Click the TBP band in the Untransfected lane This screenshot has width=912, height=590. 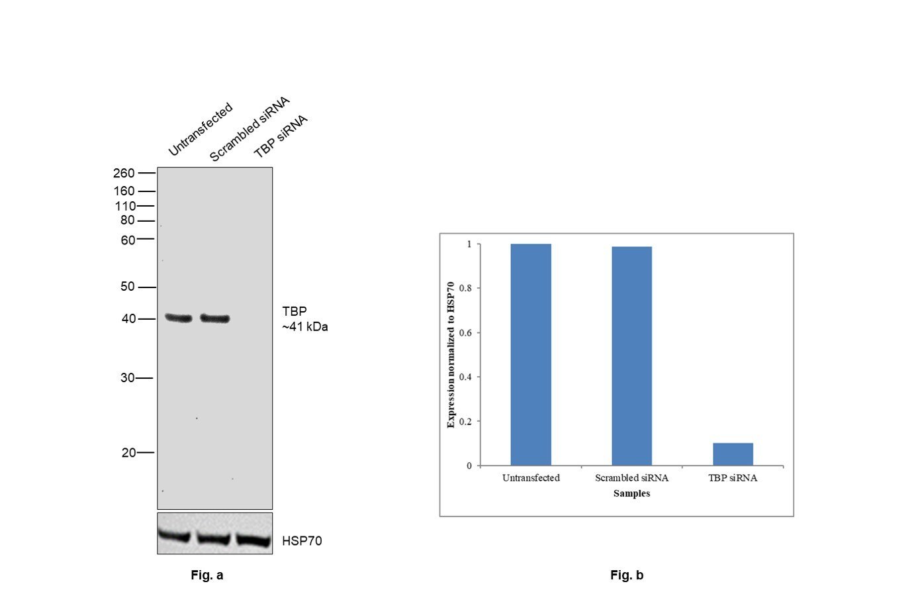point(178,319)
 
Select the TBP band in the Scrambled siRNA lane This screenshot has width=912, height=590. point(215,319)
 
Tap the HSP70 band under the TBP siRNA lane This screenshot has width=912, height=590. point(253,540)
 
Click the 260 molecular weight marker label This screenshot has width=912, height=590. point(124,173)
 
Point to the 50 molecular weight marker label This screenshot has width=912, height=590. point(127,287)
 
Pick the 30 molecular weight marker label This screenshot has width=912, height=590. point(127,378)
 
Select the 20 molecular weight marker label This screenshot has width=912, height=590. point(128,453)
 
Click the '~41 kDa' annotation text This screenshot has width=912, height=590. point(305,327)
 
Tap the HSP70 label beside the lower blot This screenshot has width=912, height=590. point(302,541)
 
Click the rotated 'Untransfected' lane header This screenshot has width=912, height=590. point(200,129)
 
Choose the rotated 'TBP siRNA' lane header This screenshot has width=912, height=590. point(281,136)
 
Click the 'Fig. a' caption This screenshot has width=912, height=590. point(207,575)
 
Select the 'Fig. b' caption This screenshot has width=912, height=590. point(627,575)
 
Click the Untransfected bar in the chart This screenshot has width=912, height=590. point(531,355)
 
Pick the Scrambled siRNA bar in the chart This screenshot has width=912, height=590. point(631,356)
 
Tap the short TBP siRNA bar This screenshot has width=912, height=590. point(733,454)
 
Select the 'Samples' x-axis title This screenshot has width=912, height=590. point(631,493)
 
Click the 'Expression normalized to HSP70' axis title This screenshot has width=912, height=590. point(451,355)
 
